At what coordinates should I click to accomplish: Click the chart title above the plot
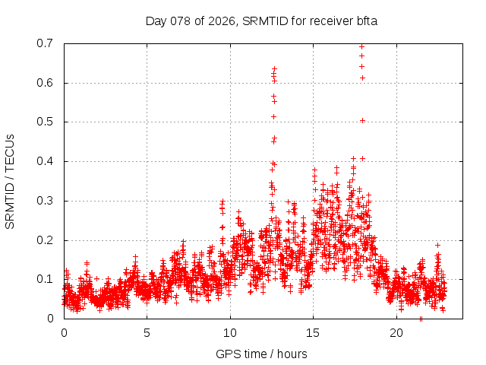[x=261, y=21]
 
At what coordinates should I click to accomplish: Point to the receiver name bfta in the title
[x=364, y=21]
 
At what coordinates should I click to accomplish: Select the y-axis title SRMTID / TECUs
[x=10, y=181]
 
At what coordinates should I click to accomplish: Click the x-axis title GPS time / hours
[x=261, y=354]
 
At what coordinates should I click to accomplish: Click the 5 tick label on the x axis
[x=147, y=332]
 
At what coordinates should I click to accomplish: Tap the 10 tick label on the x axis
[x=230, y=332]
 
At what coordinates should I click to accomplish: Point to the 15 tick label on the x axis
[x=314, y=332]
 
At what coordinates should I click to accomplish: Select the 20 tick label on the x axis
[x=396, y=332]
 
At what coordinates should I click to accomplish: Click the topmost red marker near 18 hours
[x=361, y=46]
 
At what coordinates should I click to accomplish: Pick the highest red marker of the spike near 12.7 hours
[x=275, y=69]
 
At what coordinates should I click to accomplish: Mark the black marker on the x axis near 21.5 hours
[x=421, y=319]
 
